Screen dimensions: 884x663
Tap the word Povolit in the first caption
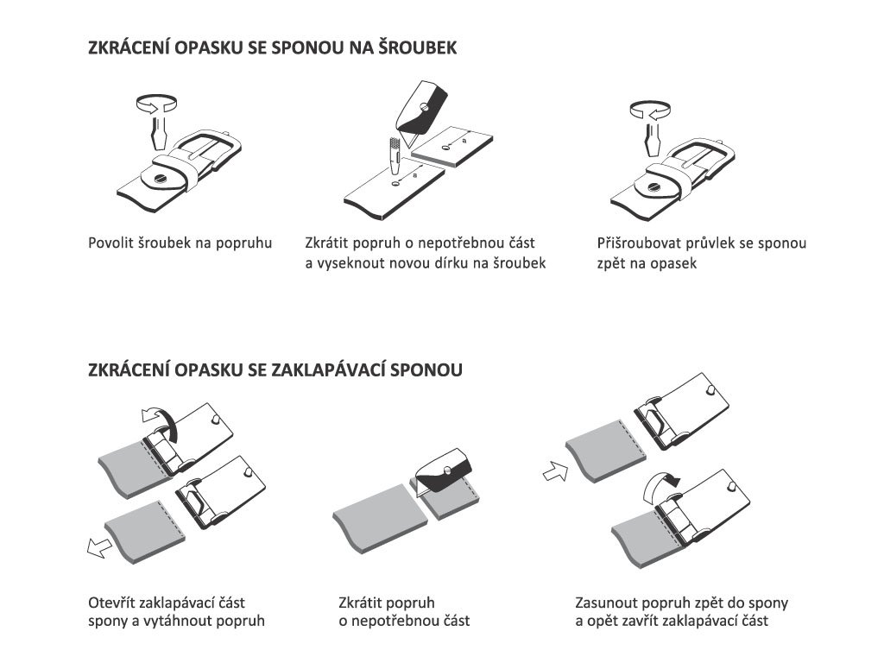pos(110,243)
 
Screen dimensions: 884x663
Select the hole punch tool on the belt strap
pos(394,155)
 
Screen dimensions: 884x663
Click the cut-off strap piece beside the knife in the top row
pos(452,148)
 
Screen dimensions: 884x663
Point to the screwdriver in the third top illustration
pos(652,139)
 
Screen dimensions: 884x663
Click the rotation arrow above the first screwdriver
pos(157,104)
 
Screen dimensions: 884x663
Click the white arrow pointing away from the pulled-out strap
pos(99,546)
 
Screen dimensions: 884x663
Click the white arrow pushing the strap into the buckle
pos(555,471)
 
